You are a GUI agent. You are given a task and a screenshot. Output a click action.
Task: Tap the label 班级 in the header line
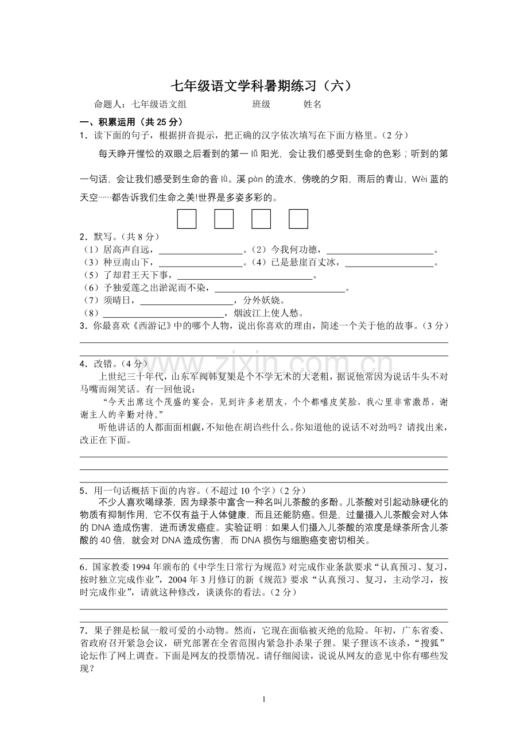tap(261, 105)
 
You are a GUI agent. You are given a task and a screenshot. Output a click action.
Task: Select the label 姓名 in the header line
tap(312, 105)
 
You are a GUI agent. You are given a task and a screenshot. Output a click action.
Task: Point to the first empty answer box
tap(187, 219)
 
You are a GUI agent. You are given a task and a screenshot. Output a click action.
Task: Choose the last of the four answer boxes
tap(298, 219)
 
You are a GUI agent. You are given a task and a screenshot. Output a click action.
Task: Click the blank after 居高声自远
tap(200, 250)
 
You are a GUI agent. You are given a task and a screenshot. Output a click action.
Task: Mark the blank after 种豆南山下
tap(200, 264)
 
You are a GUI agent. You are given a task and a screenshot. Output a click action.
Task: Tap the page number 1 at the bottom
tap(263, 699)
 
